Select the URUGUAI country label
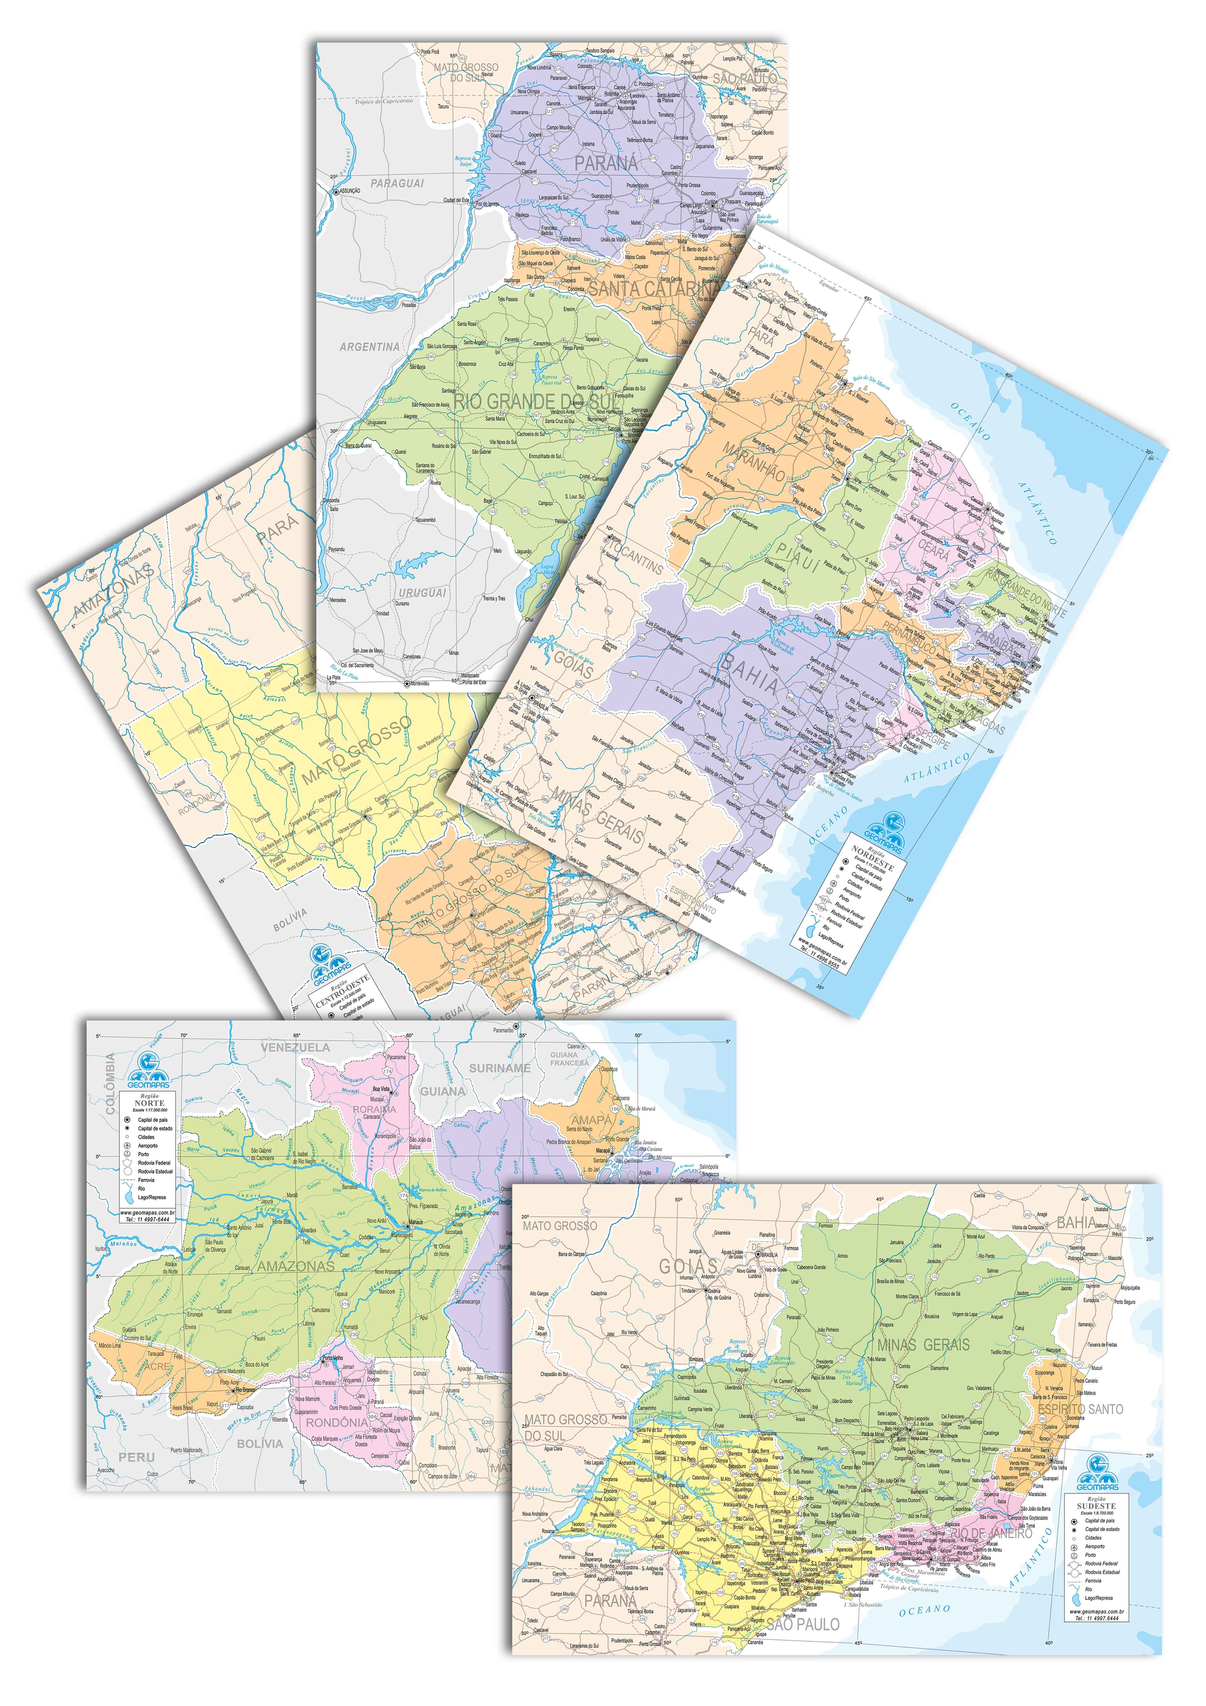(x=422, y=592)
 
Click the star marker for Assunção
(x=336, y=191)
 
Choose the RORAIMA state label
(x=374, y=1109)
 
